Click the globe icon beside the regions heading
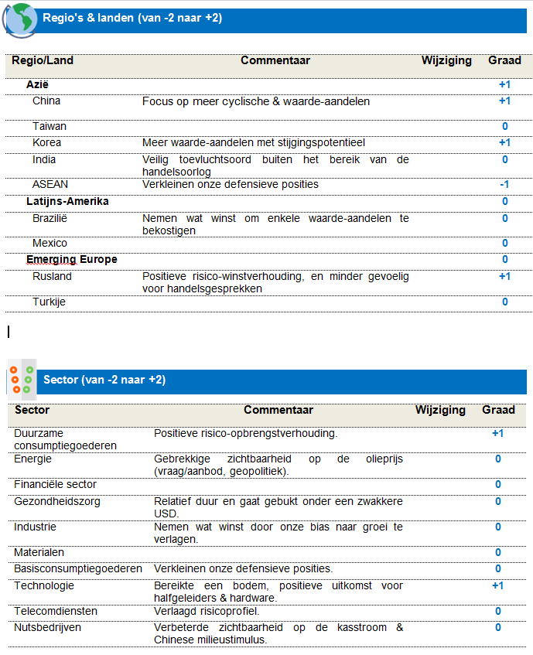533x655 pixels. [19, 20]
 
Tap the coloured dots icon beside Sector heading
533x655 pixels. [21, 379]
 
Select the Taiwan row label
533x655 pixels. [50, 126]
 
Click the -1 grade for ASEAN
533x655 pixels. [504, 185]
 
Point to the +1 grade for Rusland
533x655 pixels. [504, 276]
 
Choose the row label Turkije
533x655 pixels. [49, 302]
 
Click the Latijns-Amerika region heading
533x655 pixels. [67, 201]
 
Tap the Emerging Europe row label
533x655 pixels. [72, 259]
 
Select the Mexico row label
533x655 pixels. [50, 243]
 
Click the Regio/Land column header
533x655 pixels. [43, 60]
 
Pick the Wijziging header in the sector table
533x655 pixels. [440, 410]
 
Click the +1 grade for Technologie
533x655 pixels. [497, 585]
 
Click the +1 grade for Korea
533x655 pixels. [504, 142]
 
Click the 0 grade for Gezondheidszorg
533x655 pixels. [498, 501]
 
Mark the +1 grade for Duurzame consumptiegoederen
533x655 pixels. [497, 433]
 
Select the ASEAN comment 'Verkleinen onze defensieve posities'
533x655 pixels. [231, 184]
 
